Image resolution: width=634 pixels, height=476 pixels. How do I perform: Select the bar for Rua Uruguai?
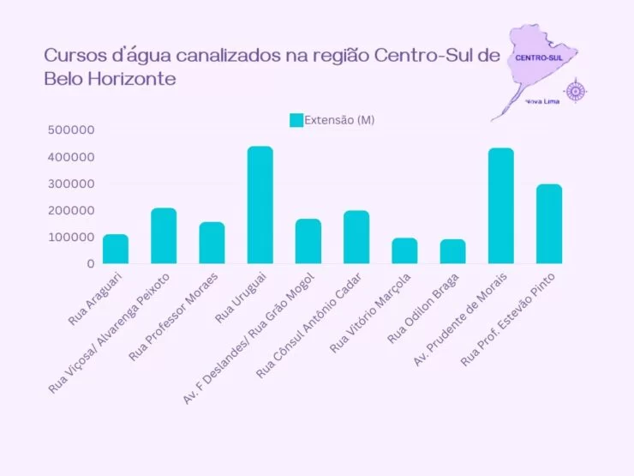pos(260,205)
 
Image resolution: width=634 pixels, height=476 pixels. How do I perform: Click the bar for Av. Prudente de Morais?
pos(501,206)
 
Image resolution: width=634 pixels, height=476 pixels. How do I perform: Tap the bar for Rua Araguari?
pos(116,249)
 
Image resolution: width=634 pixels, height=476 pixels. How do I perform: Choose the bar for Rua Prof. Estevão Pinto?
pos(549,224)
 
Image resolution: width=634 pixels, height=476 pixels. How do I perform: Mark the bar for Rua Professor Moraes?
pos(212,243)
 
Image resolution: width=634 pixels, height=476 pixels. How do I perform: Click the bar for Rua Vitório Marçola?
pos(404,250)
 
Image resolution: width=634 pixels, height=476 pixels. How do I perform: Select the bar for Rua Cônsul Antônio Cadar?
pos(356,237)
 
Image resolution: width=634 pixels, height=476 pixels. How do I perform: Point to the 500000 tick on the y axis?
pos(72,130)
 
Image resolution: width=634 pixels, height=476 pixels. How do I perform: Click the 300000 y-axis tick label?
pos(72,184)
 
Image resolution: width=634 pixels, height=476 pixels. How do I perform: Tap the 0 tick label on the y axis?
pos(89,263)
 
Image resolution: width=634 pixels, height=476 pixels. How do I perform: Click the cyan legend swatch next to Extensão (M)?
pos(296,121)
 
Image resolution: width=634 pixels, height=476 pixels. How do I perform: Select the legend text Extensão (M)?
pos(339,121)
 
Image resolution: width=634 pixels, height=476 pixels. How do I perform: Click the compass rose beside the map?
pos(576,90)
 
